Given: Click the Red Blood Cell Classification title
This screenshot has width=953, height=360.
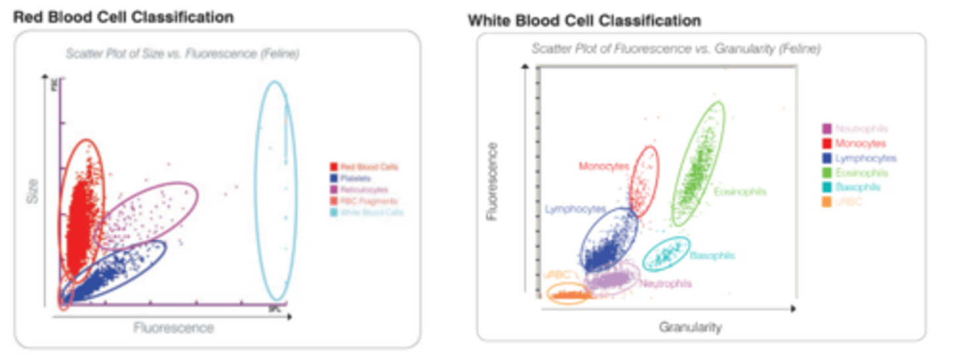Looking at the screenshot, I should pyautogui.click(x=124, y=17).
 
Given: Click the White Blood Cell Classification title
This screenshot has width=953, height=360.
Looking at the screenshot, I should pyautogui.click(x=584, y=21).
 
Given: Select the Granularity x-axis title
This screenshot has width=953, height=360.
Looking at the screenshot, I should pyautogui.click(x=690, y=327).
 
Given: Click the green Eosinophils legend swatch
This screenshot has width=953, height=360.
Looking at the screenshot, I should pyautogui.click(x=827, y=173).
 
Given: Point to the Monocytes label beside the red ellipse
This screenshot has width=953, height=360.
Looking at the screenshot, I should pyautogui.click(x=604, y=166).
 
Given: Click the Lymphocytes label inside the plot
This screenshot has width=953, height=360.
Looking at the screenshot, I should pyautogui.click(x=576, y=209).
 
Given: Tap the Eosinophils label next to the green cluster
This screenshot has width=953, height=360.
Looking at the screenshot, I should pyautogui.click(x=740, y=192).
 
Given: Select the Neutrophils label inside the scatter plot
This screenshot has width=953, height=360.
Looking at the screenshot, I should pyautogui.click(x=666, y=283).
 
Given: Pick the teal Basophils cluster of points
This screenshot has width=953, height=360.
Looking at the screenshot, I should pyautogui.click(x=666, y=253).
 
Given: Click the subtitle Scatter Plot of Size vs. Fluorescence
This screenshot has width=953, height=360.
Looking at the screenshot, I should pyautogui.click(x=182, y=54).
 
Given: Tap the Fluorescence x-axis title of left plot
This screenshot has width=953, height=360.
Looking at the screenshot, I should pyautogui.click(x=174, y=328).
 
